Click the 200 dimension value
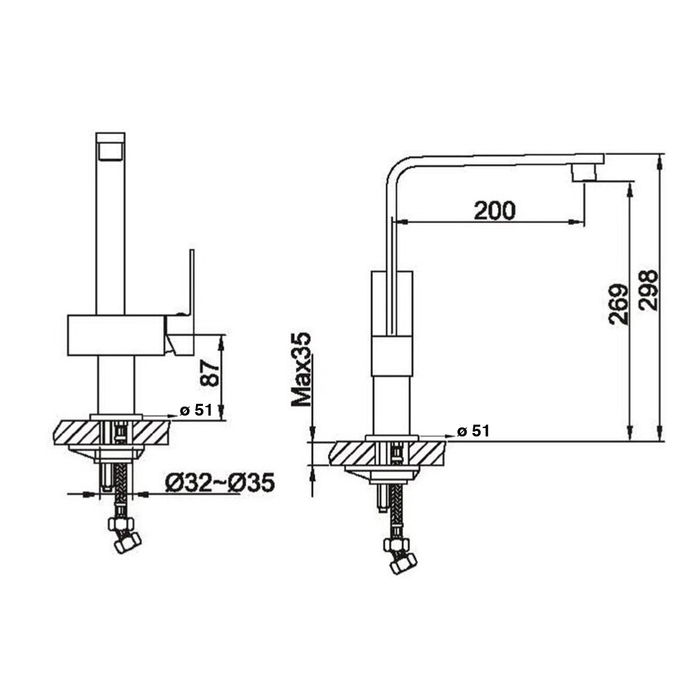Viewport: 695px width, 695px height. point(494,209)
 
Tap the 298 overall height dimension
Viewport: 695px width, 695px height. point(648,291)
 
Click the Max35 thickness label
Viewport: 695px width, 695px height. point(301,368)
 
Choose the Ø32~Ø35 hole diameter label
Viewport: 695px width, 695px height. point(220,482)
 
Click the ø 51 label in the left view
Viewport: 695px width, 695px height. point(195,410)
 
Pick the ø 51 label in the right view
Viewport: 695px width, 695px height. point(473,431)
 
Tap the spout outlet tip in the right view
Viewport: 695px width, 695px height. point(583,173)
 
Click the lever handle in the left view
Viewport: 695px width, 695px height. point(189,285)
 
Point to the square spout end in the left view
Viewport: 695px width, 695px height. point(110,147)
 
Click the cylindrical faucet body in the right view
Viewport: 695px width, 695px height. point(394,354)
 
